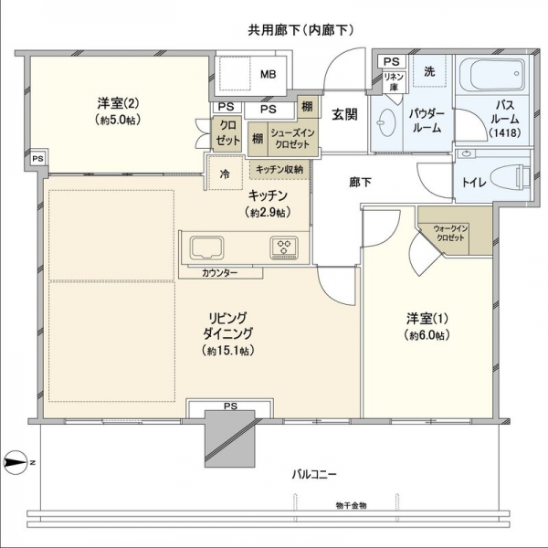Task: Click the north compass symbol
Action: coord(16,462)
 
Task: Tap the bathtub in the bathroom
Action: coord(492,75)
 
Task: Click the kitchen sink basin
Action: coord(207,248)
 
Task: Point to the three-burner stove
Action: coord(284,248)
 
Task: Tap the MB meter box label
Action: coord(268,74)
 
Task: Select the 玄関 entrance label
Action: coord(344,114)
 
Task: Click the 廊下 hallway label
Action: coord(360,182)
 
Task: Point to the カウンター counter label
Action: coord(220,273)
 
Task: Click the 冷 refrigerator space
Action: coord(226,174)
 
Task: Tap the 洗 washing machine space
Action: coord(429,71)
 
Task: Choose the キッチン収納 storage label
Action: coord(279,170)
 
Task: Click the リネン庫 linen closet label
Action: coord(394,81)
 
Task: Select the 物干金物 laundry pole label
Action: coord(351,505)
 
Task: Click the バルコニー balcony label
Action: coord(314,475)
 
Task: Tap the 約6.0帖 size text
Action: coord(427,335)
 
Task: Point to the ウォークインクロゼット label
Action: coord(450,233)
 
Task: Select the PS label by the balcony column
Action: coord(230,406)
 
